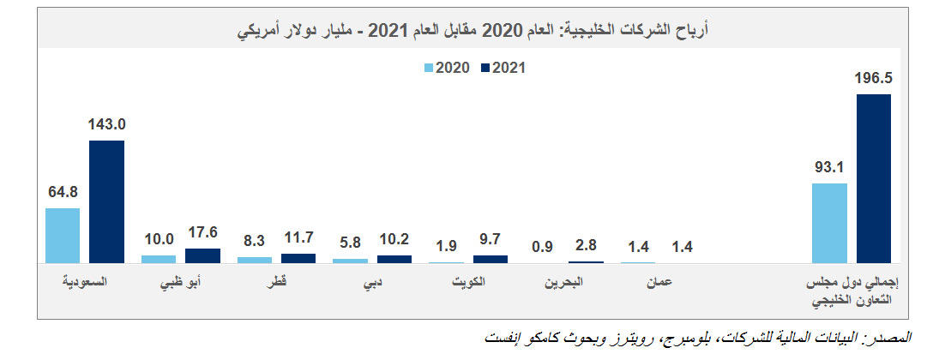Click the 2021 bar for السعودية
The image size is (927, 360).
(106, 201)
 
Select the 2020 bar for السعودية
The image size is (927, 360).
(63, 235)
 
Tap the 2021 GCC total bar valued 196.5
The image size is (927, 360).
(874, 178)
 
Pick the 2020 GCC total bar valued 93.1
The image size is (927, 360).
(829, 222)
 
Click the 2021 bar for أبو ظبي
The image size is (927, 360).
(202, 255)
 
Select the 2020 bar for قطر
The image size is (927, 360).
(254, 259)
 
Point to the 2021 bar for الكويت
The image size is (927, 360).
(491, 258)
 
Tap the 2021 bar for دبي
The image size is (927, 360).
(394, 258)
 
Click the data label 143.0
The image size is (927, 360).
(106, 124)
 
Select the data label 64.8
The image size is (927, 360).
(63, 192)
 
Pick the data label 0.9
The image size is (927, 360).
(542, 247)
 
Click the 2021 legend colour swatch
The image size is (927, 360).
(486, 67)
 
